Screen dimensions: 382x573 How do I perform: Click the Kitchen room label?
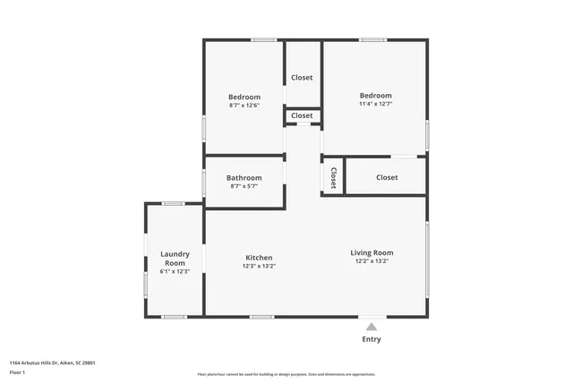click(x=258, y=258)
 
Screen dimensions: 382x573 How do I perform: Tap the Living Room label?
click(x=372, y=252)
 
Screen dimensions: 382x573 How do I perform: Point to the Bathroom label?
click(x=244, y=177)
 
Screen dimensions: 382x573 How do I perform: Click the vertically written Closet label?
click(x=333, y=177)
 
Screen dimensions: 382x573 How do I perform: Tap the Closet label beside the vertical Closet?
click(x=387, y=177)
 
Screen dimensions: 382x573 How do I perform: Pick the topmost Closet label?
click(x=303, y=78)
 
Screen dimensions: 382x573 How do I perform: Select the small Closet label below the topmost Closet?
click(x=303, y=115)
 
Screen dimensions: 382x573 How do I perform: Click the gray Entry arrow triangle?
click(x=372, y=327)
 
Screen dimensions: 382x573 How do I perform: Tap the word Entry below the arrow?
click(x=372, y=339)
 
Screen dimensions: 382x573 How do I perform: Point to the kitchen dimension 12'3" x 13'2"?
click(x=259, y=266)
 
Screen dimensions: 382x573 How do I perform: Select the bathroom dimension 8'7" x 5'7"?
click(x=244, y=186)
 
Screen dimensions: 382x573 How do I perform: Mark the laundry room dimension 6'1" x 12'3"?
click(x=175, y=271)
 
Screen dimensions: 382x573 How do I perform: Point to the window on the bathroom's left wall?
click(x=204, y=183)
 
